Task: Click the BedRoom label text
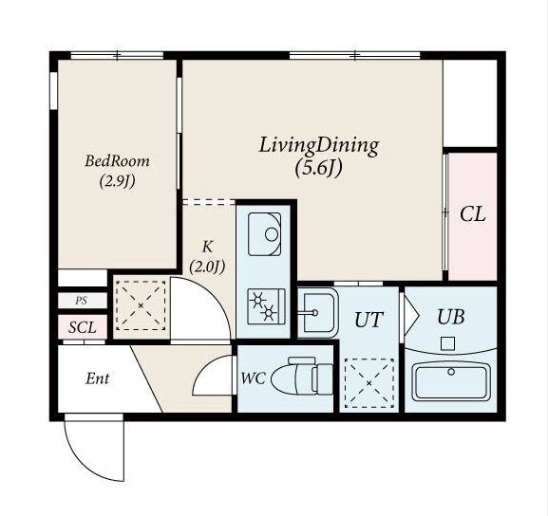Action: (x=117, y=161)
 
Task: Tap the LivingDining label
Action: (x=319, y=145)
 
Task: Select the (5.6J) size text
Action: (x=318, y=169)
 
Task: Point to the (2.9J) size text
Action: (x=118, y=181)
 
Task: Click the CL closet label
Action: (x=473, y=214)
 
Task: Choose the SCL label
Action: (x=82, y=327)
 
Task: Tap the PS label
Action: (x=81, y=301)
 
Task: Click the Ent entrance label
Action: (x=98, y=378)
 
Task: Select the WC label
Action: (x=254, y=378)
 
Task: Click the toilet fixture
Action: (x=302, y=376)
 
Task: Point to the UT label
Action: (x=368, y=320)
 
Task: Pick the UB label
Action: (x=451, y=317)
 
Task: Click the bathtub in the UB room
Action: (x=451, y=381)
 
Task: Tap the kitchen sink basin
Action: (x=265, y=234)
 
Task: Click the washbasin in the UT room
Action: (x=317, y=313)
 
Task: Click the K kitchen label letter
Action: (x=207, y=247)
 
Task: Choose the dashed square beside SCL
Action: (x=141, y=305)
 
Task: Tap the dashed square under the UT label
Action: (x=369, y=383)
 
